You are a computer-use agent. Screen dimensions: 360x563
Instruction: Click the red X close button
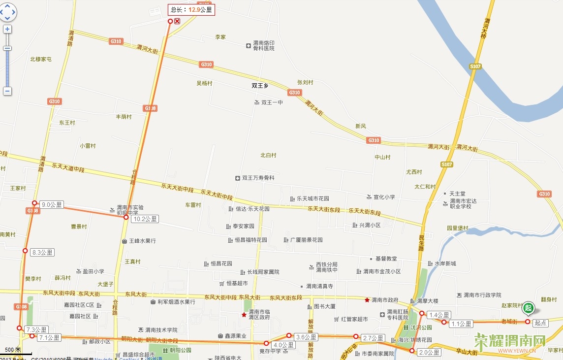pos(177,21)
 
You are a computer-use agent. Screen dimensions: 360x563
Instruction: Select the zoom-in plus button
pos(7,29)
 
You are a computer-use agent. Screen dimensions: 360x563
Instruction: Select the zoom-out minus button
pos(7,91)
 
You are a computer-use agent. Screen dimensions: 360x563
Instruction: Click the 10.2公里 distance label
pos(145,219)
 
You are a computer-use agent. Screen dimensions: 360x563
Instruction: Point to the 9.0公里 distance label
pos(52,205)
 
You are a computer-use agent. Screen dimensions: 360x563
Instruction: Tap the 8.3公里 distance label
pos(42,252)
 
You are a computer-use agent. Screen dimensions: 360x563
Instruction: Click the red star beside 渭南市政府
pos(367,300)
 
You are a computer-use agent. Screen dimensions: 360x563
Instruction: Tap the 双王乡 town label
pos(259,86)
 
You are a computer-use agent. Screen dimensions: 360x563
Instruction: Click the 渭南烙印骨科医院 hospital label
pos(264,46)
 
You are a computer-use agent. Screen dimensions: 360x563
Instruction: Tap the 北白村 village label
pos(268,156)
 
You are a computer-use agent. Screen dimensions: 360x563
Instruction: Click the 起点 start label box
pos(541,324)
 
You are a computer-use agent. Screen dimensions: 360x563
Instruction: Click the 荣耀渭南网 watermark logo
pos(510,341)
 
